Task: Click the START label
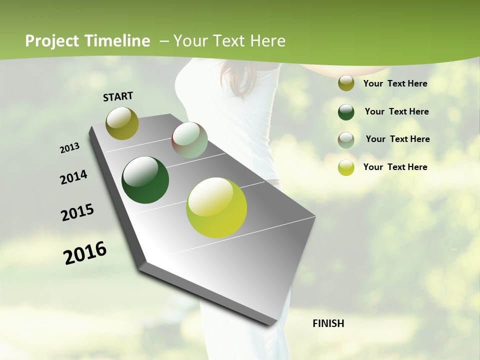click(x=118, y=96)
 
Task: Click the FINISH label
click(x=328, y=323)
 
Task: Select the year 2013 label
click(x=70, y=148)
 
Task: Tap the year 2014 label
click(x=73, y=177)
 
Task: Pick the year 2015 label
click(x=77, y=212)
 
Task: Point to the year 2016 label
click(x=85, y=252)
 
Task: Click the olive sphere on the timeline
click(x=122, y=123)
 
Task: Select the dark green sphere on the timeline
click(x=145, y=180)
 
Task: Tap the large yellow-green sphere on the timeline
click(x=216, y=207)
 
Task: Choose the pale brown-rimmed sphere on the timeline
click(x=189, y=140)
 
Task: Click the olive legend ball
click(x=346, y=83)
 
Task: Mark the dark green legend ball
click(x=346, y=112)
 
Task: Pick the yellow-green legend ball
click(x=346, y=167)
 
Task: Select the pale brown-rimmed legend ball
click(x=346, y=140)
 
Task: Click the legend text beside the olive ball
click(x=395, y=83)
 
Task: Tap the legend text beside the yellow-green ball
click(x=395, y=167)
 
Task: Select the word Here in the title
click(x=267, y=41)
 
